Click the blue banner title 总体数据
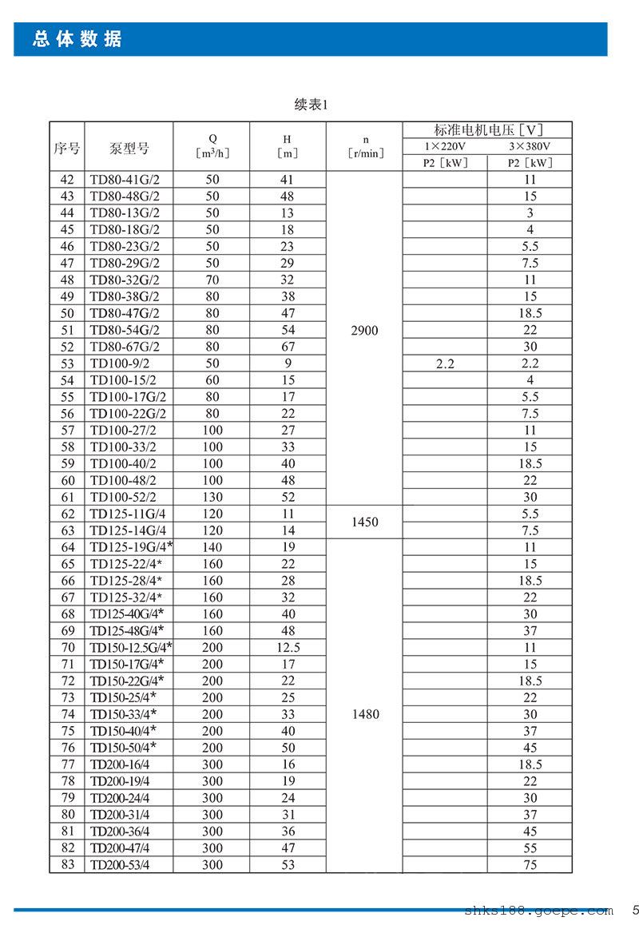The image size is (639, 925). (x=77, y=39)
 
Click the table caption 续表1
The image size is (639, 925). (x=312, y=105)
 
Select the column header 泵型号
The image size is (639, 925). (x=129, y=148)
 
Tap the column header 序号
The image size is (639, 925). (x=67, y=148)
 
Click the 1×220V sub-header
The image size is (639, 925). (x=445, y=147)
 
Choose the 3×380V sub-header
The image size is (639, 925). (x=530, y=147)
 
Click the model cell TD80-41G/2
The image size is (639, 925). (x=125, y=180)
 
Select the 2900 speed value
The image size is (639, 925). (x=364, y=331)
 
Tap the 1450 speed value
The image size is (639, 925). (x=364, y=522)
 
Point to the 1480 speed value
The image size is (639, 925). (x=364, y=714)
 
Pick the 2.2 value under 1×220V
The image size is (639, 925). (x=445, y=363)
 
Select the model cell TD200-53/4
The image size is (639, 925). (x=120, y=864)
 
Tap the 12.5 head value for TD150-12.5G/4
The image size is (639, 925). (x=288, y=648)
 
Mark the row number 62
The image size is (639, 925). (x=67, y=514)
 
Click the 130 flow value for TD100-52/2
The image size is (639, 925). (x=212, y=497)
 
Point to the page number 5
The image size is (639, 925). (x=635, y=910)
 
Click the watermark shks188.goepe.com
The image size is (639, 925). (x=538, y=911)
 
